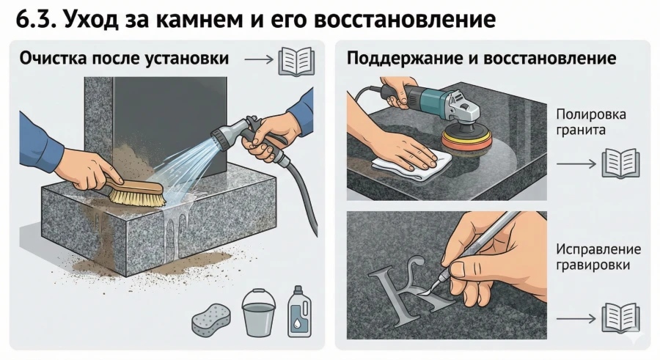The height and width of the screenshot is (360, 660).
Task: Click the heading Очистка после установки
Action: tap(125, 57)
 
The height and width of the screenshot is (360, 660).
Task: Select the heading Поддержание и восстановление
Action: tap(481, 57)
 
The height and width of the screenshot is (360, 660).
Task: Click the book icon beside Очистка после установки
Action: tap(296, 58)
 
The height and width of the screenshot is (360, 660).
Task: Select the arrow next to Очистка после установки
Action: tap(256, 59)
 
